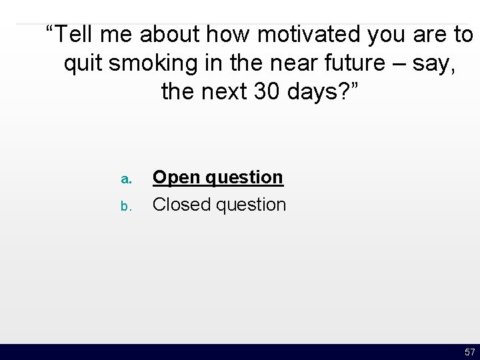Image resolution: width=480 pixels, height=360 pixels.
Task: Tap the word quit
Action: [83, 63]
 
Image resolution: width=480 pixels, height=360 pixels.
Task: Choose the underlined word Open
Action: [174, 177]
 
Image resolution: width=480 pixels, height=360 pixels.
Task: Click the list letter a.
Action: [124, 179]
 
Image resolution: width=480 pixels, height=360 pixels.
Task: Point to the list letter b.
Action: [124, 206]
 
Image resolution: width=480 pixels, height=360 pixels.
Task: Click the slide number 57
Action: [470, 351]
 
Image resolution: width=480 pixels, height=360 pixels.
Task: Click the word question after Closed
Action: [249, 204]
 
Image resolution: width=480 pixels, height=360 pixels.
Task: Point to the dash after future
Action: [382, 63]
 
